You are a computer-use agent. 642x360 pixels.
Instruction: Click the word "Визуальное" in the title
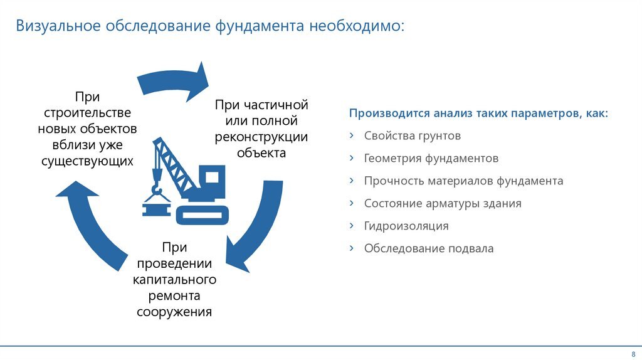point(58,26)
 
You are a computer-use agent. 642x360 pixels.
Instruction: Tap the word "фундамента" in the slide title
point(260,26)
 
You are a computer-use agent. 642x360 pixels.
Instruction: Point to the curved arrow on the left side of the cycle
point(92,225)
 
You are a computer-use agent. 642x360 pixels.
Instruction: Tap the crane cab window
point(212,177)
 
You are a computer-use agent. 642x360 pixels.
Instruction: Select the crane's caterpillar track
point(203,215)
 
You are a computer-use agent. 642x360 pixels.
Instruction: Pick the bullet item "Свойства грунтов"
point(413,136)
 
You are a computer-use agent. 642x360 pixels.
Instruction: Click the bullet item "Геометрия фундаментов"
point(431,159)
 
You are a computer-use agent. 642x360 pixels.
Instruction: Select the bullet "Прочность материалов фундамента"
point(463,181)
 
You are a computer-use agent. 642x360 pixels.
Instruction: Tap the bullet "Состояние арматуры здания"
point(443,204)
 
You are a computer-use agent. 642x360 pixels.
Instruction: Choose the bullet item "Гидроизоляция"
point(406,226)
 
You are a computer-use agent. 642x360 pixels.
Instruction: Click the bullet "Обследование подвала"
point(429,248)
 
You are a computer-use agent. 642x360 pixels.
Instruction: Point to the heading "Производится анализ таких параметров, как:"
point(478,113)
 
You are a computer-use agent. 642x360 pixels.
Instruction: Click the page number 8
point(633,354)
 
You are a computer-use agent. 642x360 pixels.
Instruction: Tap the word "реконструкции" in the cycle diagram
point(261,137)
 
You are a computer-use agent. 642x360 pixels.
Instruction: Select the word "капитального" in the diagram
point(174,279)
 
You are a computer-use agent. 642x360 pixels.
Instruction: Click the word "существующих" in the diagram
point(87,161)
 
